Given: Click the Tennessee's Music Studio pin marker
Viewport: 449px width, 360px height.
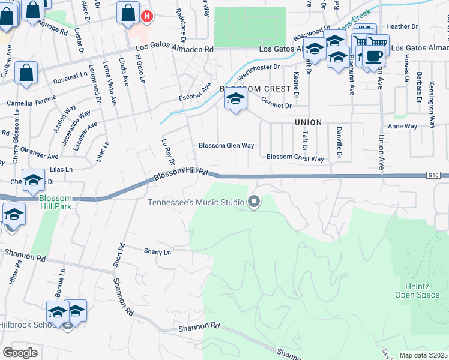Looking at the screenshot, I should (x=254, y=202).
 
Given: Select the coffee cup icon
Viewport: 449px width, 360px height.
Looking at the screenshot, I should (x=373, y=56).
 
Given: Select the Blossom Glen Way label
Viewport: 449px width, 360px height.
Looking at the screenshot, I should (x=226, y=146).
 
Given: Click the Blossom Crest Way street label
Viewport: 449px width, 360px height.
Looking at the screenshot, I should (x=295, y=158).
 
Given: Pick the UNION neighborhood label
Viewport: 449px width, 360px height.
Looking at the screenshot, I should (x=309, y=122).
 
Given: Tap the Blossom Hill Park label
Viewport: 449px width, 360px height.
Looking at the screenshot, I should (x=55, y=202).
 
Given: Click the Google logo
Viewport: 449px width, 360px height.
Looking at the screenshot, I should (x=19, y=353).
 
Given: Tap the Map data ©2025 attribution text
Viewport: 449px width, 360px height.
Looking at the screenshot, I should (x=423, y=355).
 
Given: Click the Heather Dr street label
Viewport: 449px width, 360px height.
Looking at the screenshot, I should (x=402, y=27).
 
